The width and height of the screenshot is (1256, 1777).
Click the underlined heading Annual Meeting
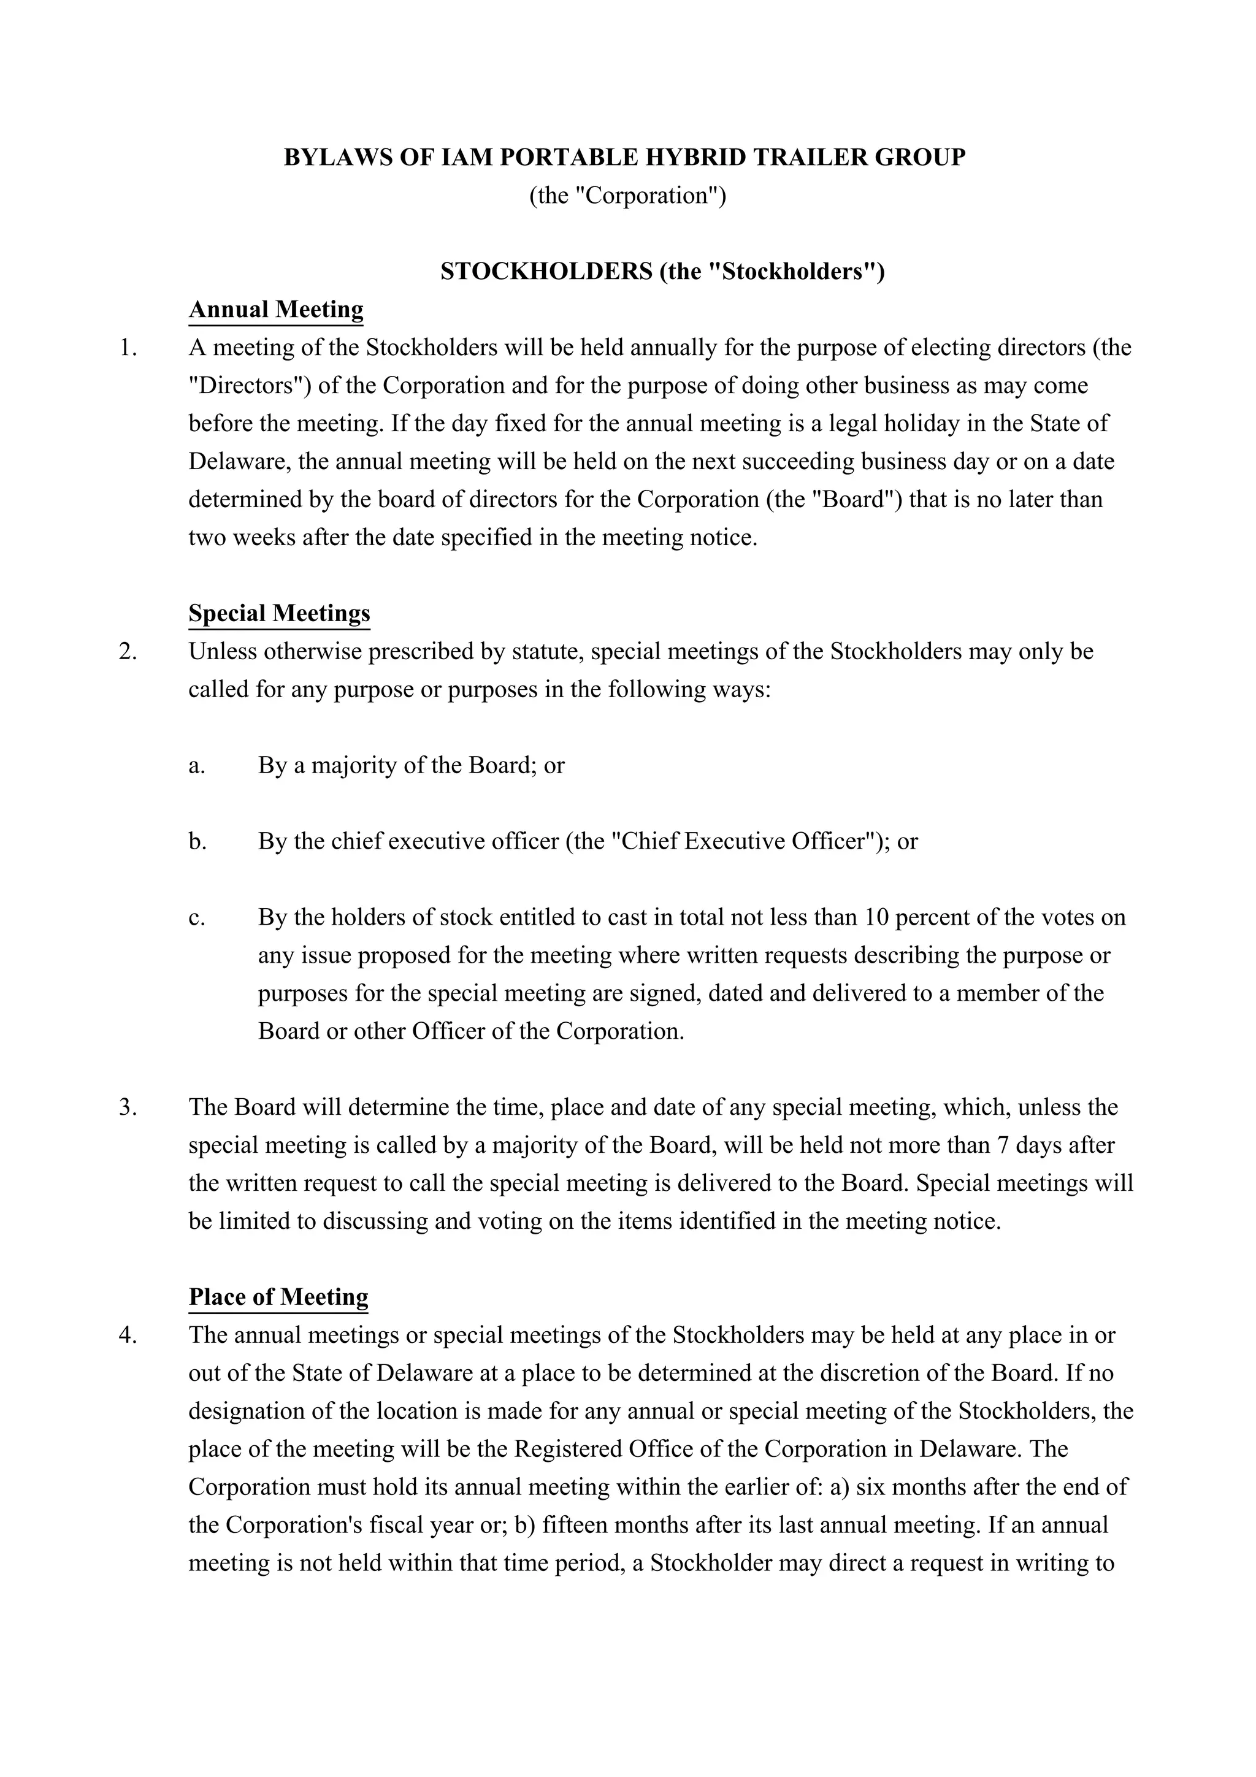point(275,310)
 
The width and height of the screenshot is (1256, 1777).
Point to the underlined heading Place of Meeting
point(278,1296)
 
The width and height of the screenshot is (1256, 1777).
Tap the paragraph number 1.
point(128,348)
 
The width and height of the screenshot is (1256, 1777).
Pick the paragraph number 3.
point(128,1107)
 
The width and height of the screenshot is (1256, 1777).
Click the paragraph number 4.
point(128,1335)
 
